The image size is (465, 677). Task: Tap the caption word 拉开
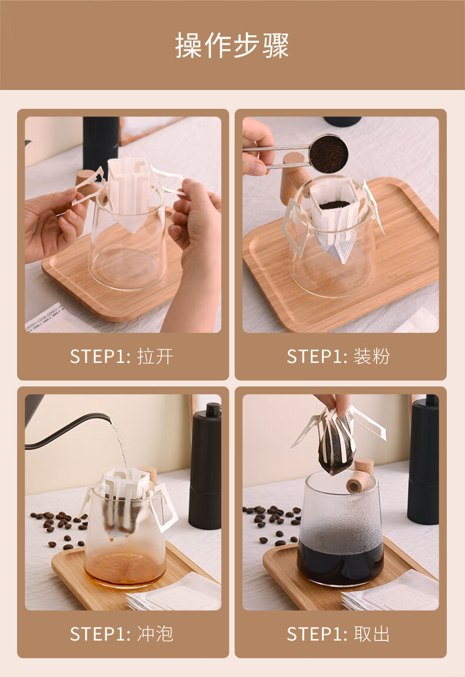pos(155,356)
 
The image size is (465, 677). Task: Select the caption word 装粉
pos(371,356)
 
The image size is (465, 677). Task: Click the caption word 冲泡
pos(155,634)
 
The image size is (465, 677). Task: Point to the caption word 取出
pos(371,634)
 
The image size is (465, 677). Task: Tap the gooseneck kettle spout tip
pos(108,418)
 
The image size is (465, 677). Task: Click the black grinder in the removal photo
pos(423,460)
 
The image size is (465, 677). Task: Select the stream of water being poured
pos(121,447)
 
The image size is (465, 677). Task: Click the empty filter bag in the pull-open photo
pos(128,192)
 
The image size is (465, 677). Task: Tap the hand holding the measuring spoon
pos(257,147)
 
